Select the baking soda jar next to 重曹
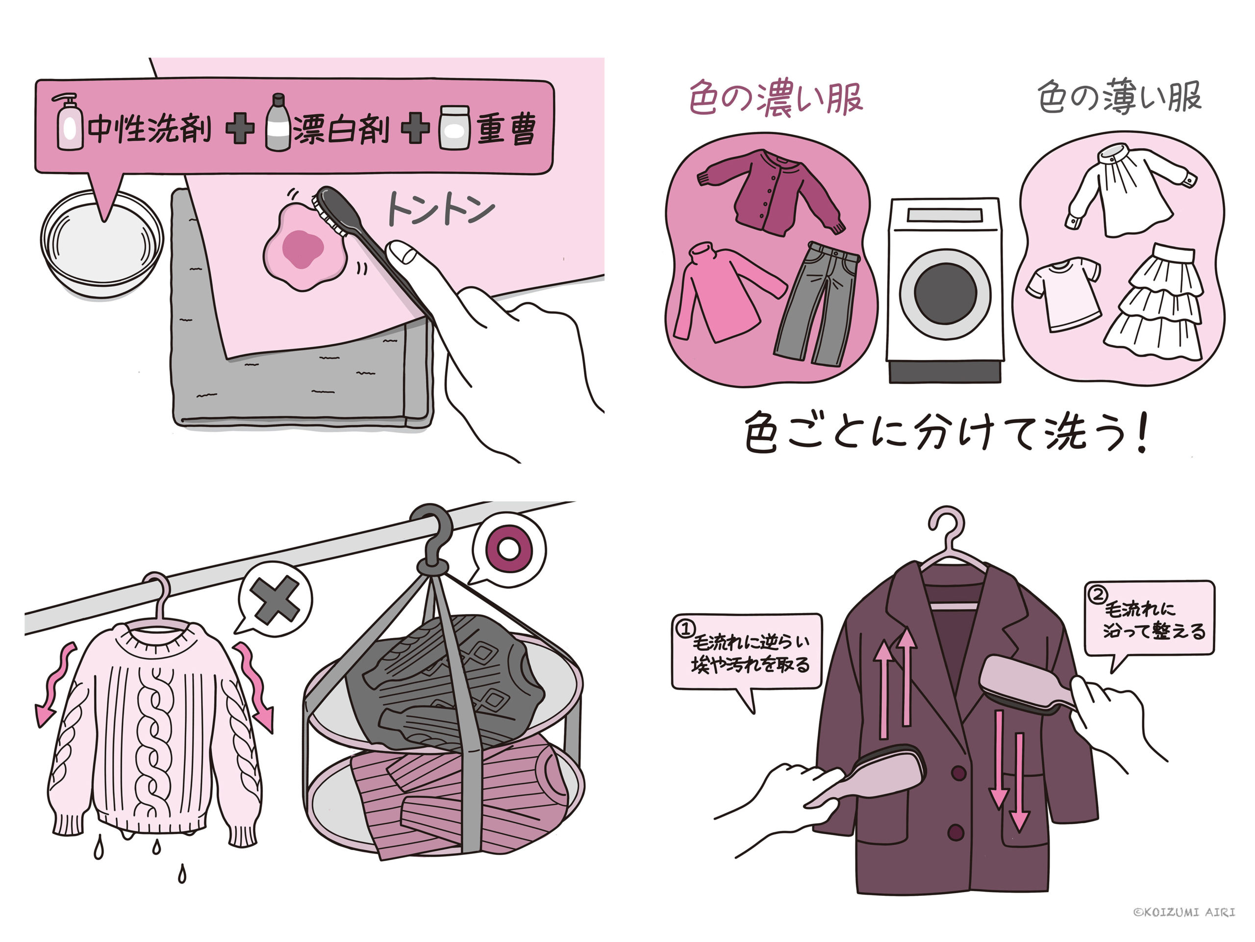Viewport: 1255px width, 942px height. (x=454, y=127)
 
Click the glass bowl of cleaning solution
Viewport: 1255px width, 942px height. (x=102, y=244)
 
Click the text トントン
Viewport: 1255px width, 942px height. (x=440, y=209)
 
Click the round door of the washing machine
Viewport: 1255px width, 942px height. (x=945, y=294)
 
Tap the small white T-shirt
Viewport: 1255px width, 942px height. (x=1063, y=293)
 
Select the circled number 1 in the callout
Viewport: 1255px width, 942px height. (x=685, y=628)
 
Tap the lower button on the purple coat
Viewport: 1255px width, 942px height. (x=956, y=833)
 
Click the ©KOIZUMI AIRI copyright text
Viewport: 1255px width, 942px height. (x=1184, y=912)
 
